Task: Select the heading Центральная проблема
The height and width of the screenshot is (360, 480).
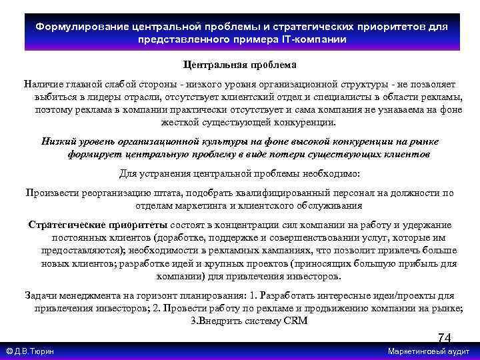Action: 239,65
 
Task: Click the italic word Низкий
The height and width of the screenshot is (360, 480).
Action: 58,141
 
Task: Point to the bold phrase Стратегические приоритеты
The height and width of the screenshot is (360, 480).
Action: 99,224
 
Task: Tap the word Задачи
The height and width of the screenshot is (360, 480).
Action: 41,295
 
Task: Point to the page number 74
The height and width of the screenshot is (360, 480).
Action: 444,338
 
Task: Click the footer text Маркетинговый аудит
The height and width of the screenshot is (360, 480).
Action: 429,351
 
